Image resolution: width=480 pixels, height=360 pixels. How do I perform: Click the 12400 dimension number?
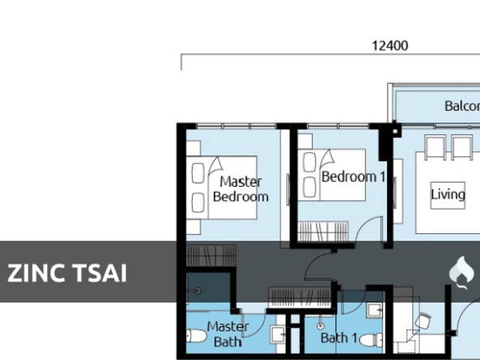(x=389, y=46)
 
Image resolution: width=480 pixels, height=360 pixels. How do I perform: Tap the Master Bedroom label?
(x=240, y=189)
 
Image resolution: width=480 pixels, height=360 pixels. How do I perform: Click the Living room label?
(x=448, y=194)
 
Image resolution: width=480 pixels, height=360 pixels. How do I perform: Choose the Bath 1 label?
(x=334, y=337)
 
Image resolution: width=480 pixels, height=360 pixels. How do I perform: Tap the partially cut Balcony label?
(x=461, y=106)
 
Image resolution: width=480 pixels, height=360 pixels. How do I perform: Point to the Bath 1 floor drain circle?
(x=321, y=325)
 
